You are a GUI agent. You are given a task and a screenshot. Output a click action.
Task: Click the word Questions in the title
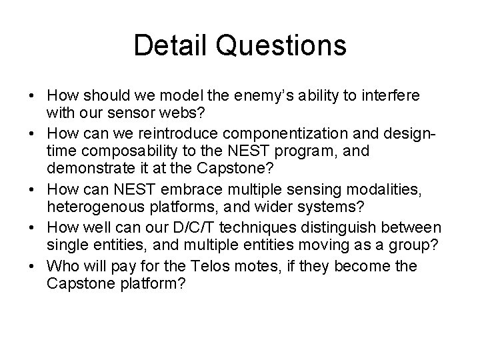[x=280, y=46]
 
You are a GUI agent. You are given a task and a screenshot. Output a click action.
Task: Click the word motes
[x=251, y=266]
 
